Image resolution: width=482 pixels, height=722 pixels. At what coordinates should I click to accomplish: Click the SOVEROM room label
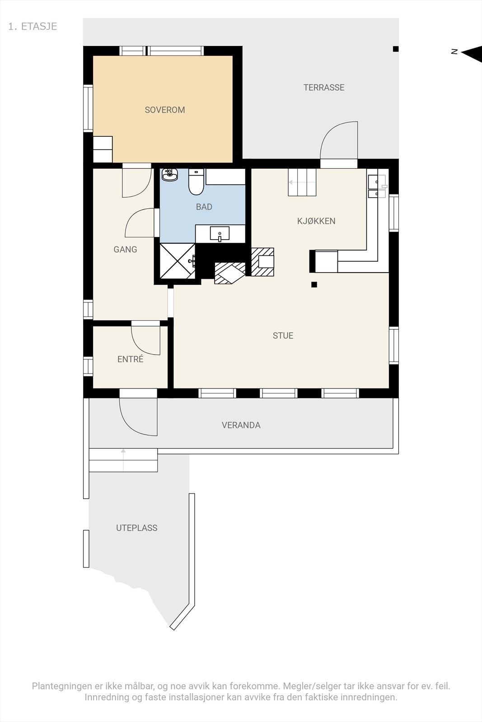[x=164, y=110]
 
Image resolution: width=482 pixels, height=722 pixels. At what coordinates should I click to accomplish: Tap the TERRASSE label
[x=323, y=88]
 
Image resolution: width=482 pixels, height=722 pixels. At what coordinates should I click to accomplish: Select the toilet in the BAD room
[x=196, y=182]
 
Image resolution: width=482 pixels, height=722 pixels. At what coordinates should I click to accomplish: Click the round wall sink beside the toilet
[x=170, y=175]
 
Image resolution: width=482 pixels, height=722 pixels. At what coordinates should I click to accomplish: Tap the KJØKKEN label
[x=316, y=221]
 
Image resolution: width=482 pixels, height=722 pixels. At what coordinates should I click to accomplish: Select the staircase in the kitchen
[x=302, y=182]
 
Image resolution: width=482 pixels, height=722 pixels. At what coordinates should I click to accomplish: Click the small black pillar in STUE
[x=314, y=285]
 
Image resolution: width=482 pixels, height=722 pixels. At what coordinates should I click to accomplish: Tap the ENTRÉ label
[x=130, y=359]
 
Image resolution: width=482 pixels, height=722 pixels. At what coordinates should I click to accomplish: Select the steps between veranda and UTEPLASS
[x=123, y=460]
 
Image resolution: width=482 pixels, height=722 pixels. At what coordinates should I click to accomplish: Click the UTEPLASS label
[x=136, y=528]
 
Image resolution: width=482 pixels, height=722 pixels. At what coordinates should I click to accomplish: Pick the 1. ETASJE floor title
[x=33, y=26]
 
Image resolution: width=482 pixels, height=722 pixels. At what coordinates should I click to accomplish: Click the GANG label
[x=125, y=250]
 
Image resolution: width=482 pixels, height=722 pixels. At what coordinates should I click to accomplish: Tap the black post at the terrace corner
[x=396, y=49]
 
